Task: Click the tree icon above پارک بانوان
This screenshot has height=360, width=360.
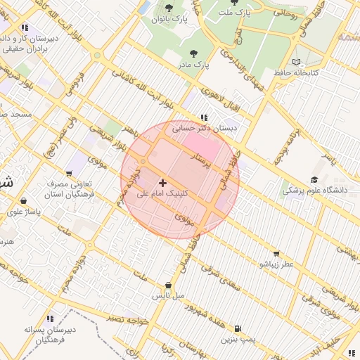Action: pyautogui.click(x=168, y=8)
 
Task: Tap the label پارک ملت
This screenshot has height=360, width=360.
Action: pyautogui.click(x=234, y=13)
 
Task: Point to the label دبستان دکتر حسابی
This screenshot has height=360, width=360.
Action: pyautogui.click(x=207, y=129)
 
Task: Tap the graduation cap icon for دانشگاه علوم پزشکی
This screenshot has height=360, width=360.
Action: pyautogui.click(x=314, y=179)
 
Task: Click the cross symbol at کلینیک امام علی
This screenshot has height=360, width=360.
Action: pyautogui.click(x=163, y=182)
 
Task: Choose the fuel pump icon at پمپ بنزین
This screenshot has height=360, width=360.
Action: pyautogui.click(x=238, y=328)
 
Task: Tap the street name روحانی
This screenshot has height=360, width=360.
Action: pyautogui.click(x=289, y=11)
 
